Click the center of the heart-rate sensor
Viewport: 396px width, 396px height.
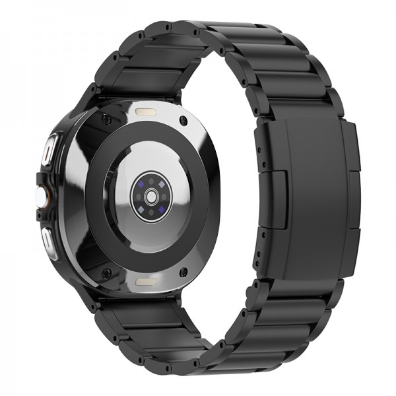(152, 197)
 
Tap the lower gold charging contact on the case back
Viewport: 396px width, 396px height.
(146, 282)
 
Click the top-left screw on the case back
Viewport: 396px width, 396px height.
(105, 119)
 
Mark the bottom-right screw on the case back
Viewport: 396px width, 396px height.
(184, 271)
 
